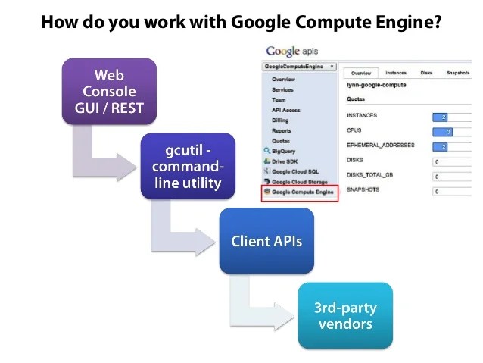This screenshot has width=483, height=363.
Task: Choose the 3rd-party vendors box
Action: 345,316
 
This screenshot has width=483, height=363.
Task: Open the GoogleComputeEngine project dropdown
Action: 299,67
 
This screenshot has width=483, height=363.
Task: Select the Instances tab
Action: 395,73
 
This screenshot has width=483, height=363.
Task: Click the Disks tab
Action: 426,73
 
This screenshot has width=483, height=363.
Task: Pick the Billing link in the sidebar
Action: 280,120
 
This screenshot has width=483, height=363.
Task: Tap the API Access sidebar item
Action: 285,110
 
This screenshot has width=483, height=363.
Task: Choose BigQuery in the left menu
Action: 283,151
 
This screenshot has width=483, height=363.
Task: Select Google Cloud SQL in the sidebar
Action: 294,172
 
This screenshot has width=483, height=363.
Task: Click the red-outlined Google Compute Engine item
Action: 299,192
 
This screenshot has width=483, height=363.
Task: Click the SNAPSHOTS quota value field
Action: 457,191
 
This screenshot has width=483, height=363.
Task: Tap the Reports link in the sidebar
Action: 282,130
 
